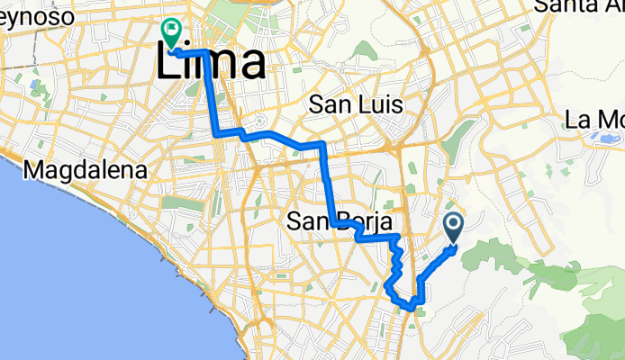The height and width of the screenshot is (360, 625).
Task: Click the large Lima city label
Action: (213, 63)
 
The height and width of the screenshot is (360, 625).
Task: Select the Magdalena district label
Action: (85, 170)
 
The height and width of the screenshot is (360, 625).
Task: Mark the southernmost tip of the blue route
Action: (411, 308)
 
